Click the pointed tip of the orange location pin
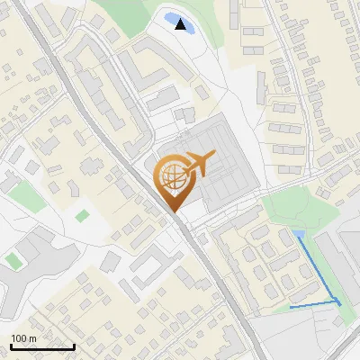tap(174, 211)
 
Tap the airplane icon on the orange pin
tap(199, 165)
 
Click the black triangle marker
tap(182, 24)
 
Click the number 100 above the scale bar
tap(18, 338)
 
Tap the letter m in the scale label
tap(31, 338)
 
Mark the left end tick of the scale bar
tap(10, 346)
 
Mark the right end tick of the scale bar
tap(74, 346)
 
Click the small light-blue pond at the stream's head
tap(298, 235)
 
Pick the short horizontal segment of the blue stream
tap(311, 306)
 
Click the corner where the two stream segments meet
tap(339, 301)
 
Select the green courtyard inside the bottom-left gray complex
tap(13, 260)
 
